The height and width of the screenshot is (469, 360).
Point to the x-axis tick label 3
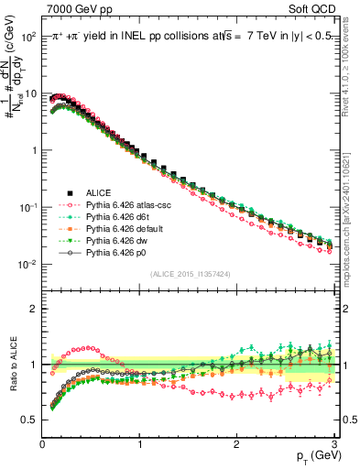[333, 442]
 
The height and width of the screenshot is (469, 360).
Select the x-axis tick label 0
[42, 442]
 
